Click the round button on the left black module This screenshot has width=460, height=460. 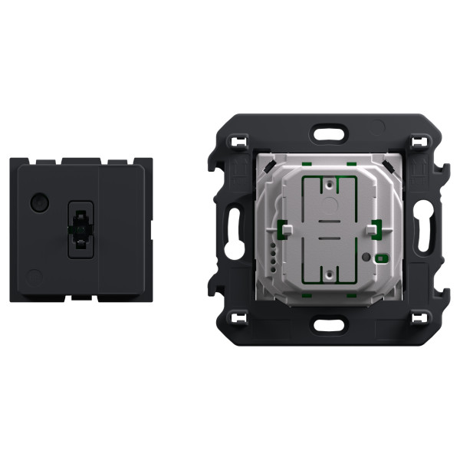point(36,204)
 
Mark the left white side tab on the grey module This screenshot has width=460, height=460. point(284,228)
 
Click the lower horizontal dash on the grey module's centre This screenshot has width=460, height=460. point(327,238)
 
